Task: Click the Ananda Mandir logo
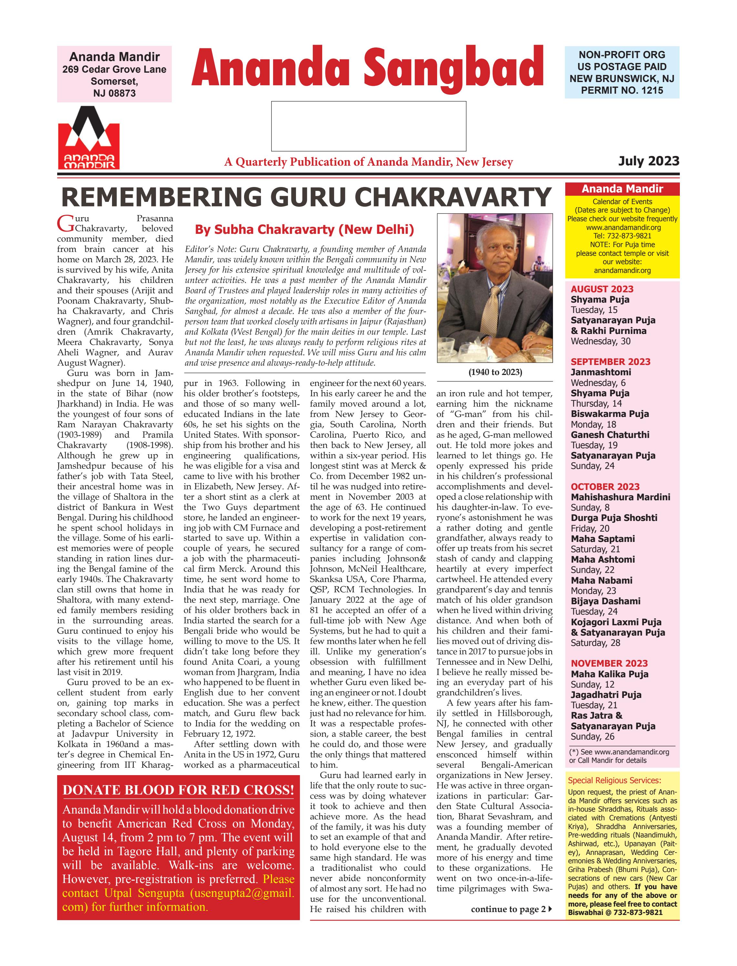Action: [x=89, y=138]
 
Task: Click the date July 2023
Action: [x=648, y=161]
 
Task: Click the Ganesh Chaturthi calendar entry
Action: [x=610, y=435]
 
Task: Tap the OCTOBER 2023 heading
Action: [x=605, y=487]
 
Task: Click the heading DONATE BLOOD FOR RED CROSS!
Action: [x=178, y=790]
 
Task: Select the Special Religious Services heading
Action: [x=614, y=780]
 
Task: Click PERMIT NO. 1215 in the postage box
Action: [x=622, y=90]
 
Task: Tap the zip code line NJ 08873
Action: [x=115, y=93]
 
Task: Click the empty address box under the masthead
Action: [x=369, y=126]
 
